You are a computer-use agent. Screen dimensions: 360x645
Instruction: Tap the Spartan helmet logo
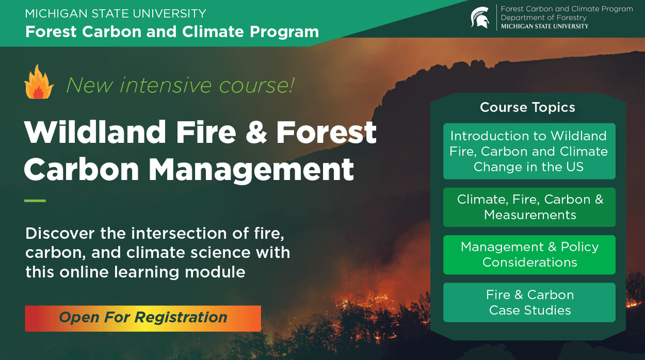coord(479,17)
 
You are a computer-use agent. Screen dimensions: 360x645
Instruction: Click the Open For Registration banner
coord(142,318)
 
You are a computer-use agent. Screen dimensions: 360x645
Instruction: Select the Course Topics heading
coord(527,107)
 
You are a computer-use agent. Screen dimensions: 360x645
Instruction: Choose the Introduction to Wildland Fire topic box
coord(529,151)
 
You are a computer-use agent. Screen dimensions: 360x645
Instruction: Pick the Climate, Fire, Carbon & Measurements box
coord(529,207)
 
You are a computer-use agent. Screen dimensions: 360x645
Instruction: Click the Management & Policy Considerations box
coord(529,254)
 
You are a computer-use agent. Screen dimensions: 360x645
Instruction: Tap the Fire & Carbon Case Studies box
coord(529,302)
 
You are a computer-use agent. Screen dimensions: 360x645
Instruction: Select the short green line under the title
coord(35,201)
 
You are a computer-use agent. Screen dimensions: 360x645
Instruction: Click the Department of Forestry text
coord(543,18)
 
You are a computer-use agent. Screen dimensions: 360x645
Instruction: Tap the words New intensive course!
coord(180,85)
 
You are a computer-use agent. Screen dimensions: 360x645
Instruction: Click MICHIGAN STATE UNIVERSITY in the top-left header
coord(116,13)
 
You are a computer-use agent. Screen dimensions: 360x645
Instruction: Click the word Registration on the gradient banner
coord(181,318)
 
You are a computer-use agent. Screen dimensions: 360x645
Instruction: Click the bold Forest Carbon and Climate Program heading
coord(172,31)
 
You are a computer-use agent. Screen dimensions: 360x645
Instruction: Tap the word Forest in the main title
coord(326,132)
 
